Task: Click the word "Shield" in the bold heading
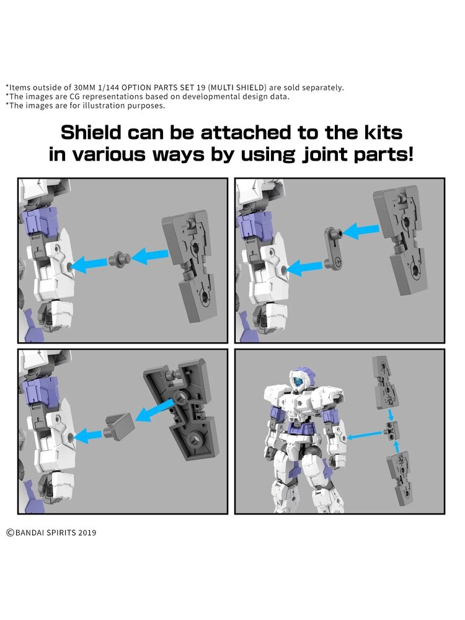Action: pos(91,133)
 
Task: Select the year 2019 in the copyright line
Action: pos(87,533)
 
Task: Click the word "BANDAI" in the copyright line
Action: pos(30,533)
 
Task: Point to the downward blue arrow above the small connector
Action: pos(391,414)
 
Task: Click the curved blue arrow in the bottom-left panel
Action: pos(154,412)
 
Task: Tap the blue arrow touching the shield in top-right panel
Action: pos(361,231)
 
